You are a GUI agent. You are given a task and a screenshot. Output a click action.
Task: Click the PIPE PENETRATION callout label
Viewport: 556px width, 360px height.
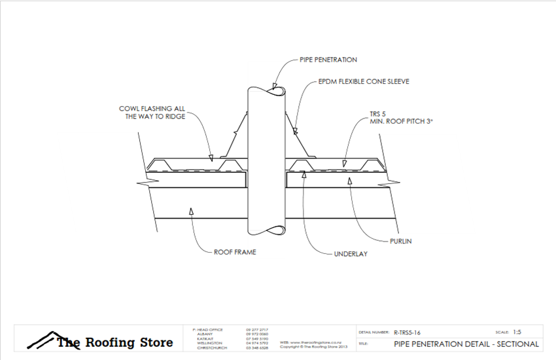[329, 60]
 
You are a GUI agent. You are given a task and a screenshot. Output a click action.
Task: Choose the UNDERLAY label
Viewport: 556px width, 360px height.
[350, 253]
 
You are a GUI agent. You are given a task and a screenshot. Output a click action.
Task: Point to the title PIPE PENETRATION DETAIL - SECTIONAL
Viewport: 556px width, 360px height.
[466, 344]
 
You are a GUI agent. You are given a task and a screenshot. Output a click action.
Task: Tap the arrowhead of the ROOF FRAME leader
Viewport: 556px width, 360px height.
[192, 210]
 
